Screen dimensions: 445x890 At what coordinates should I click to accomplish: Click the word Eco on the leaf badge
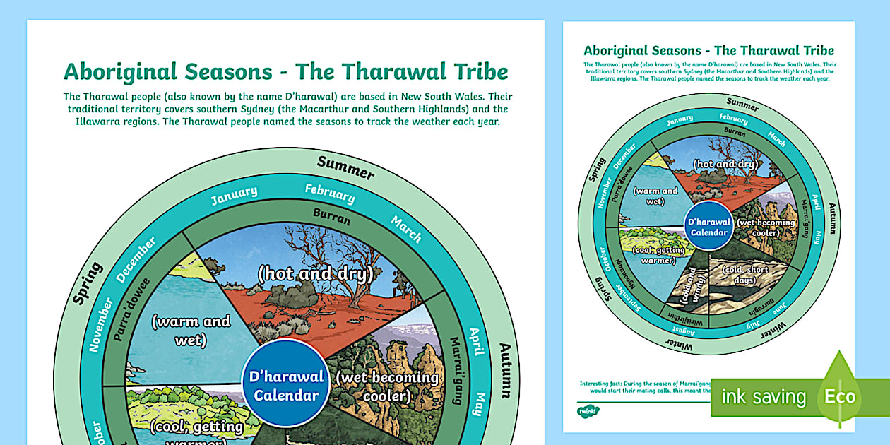point(841,396)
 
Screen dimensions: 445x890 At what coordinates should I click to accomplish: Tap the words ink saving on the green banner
point(763,397)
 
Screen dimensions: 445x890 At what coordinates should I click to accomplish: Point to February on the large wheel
point(330,193)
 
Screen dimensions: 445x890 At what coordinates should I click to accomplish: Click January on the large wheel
point(234,196)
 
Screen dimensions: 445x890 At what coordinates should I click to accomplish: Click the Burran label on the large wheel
point(332,219)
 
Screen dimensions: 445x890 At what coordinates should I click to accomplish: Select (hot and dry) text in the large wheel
point(315,274)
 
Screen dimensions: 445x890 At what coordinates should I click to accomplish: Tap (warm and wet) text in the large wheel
point(191,330)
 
